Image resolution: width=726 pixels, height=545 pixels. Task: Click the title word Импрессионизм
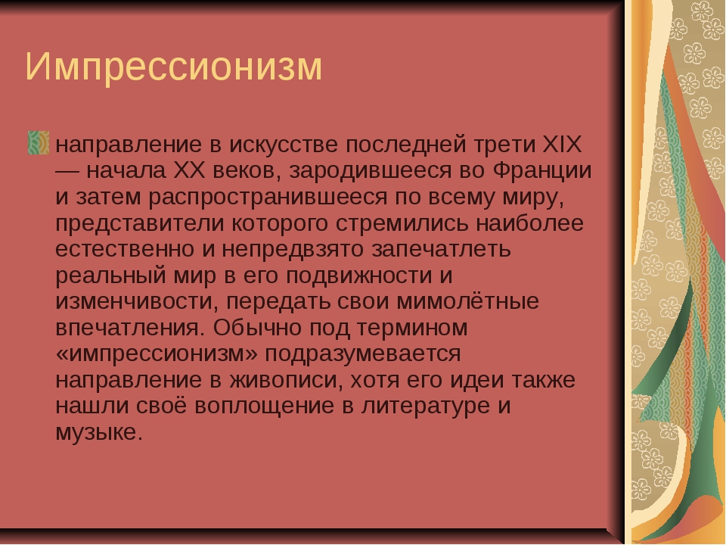point(173,67)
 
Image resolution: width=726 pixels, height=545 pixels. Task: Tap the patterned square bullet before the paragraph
point(39,142)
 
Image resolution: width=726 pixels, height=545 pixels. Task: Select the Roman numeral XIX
point(561,145)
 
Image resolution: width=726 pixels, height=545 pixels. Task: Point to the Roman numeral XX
point(189,170)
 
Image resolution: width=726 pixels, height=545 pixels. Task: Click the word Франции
point(542,171)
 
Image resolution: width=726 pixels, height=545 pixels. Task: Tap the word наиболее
point(529,223)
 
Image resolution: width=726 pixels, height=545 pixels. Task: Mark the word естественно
point(125,249)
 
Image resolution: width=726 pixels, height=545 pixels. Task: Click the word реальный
point(110,276)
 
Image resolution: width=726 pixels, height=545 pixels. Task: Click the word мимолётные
point(467,302)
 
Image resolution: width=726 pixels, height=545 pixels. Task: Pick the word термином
point(412,328)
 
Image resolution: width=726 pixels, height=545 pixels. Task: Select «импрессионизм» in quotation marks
point(157,354)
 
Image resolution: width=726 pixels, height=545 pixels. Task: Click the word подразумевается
point(362,354)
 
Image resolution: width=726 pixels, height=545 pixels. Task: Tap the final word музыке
point(98,433)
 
